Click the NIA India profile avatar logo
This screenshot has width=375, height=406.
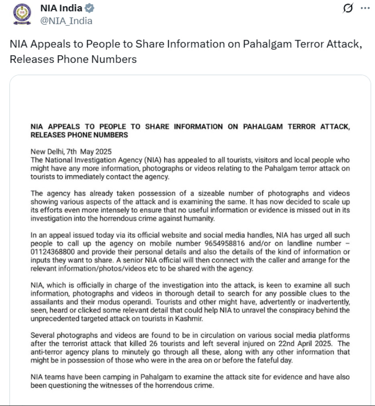20,14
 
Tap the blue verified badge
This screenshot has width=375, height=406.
90,9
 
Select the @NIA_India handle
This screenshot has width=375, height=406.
66,21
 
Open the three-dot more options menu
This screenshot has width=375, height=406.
365,8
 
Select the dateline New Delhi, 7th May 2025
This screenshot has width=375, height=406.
71,152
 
